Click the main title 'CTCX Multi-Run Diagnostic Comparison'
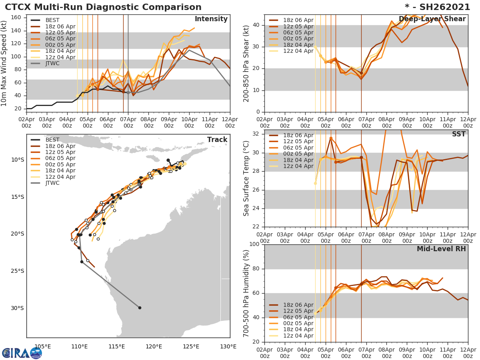pyautogui.click(x=103, y=7)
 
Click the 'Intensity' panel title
pyautogui.click(x=211, y=19)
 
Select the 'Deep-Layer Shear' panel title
pyautogui.click(x=432, y=19)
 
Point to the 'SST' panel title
pyautogui.click(x=458, y=134)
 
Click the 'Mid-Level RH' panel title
pyautogui.click(x=441, y=249)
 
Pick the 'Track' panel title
pyautogui.click(x=217, y=140)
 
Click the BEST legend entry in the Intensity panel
pyautogui.click(x=52, y=20)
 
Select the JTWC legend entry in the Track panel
pyautogui.click(x=52, y=183)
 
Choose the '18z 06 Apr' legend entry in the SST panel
pyautogui.click(x=298, y=136)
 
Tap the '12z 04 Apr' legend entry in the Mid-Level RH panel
pyautogui.click(x=298, y=336)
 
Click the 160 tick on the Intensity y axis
pyautogui.click(x=16, y=17)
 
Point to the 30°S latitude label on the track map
pyautogui.click(x=17, y=308)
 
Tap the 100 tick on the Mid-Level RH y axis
pyautogui.click(x=254, y=244)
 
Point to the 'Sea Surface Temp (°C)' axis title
pyautogui.click(x=246, y=178)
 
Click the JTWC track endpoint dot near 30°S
pyautogui.click(x=140, y=308)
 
